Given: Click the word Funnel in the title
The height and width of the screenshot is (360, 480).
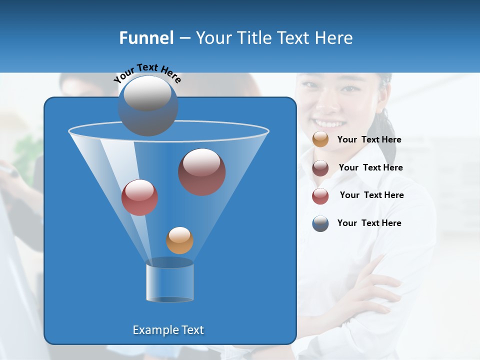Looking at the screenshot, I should [146, 37].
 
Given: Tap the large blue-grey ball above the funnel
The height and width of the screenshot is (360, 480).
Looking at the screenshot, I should [147, 105].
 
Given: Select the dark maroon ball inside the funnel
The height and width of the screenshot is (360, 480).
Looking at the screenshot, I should [201, 171].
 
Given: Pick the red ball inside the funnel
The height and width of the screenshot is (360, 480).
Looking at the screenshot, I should [139, 197].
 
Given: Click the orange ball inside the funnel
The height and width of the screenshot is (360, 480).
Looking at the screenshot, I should [179, 240].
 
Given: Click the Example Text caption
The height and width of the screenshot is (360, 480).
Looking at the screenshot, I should [168, 330].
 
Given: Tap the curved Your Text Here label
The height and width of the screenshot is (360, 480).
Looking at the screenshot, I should [147, 73].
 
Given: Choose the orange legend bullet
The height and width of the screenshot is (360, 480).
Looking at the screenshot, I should [320, 139].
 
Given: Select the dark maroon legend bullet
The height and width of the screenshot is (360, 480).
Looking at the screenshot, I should [320, 168].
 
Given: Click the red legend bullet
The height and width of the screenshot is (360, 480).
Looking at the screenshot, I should [320, 196].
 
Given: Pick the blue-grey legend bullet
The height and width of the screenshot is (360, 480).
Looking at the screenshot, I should [320, 223].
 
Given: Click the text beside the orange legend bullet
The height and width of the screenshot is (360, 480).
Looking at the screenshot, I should [369, 140].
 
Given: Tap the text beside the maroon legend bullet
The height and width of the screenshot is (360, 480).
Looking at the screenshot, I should [370, 168].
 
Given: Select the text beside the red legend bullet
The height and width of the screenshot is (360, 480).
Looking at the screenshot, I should [371, 195].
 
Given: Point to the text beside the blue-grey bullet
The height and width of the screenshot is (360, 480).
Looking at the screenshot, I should [369, 223].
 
